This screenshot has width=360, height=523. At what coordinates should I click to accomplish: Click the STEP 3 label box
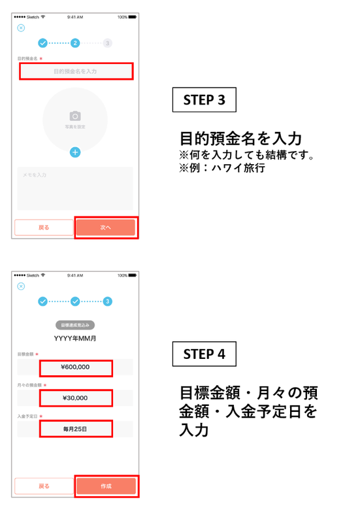pos(204,100)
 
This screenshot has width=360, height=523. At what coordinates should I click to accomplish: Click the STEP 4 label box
pos(204,354)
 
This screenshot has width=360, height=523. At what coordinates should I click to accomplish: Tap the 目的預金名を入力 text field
pos(75,71)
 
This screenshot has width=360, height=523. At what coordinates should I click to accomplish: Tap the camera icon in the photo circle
pos(75,116)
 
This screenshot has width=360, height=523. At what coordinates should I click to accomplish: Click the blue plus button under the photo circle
pos(75,152)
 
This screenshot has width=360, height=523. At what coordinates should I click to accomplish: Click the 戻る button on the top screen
pos(44,228)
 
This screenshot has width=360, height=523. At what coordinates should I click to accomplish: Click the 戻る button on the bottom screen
pos(44,486)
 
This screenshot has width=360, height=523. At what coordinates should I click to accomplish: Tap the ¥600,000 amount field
pos(76,367)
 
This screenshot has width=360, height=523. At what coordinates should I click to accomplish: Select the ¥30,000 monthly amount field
pos(76,397)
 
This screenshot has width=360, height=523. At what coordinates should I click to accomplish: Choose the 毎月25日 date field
pos(76,429)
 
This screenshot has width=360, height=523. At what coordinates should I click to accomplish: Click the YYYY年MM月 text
pos(75,338)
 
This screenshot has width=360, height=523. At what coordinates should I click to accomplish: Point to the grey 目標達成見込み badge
pos(75,325)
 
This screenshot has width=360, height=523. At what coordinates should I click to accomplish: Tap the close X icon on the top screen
pos(21,28)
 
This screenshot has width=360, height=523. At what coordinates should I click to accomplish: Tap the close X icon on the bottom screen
pos(21,286)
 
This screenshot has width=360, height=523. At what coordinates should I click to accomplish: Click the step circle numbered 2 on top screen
pos(75,43)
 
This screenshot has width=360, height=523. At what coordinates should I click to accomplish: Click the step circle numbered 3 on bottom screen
pos(107,301)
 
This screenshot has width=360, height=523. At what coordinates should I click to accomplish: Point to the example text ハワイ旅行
pos(243,168)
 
